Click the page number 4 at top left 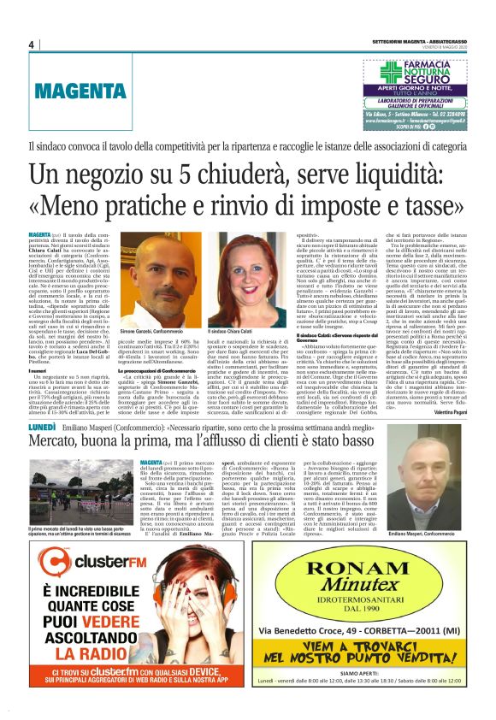tap(30, 44)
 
